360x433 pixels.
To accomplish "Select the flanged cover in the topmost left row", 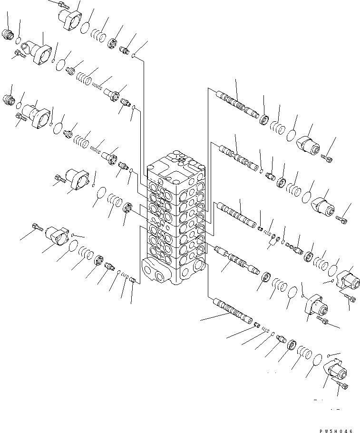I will click(69, 20).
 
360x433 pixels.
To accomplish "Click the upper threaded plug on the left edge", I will click(8, 35).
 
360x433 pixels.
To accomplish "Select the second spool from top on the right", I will click(237, 157).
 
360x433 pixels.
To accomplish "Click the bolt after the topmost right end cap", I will click(327, 157).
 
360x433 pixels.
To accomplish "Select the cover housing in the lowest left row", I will click(56, 235).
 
